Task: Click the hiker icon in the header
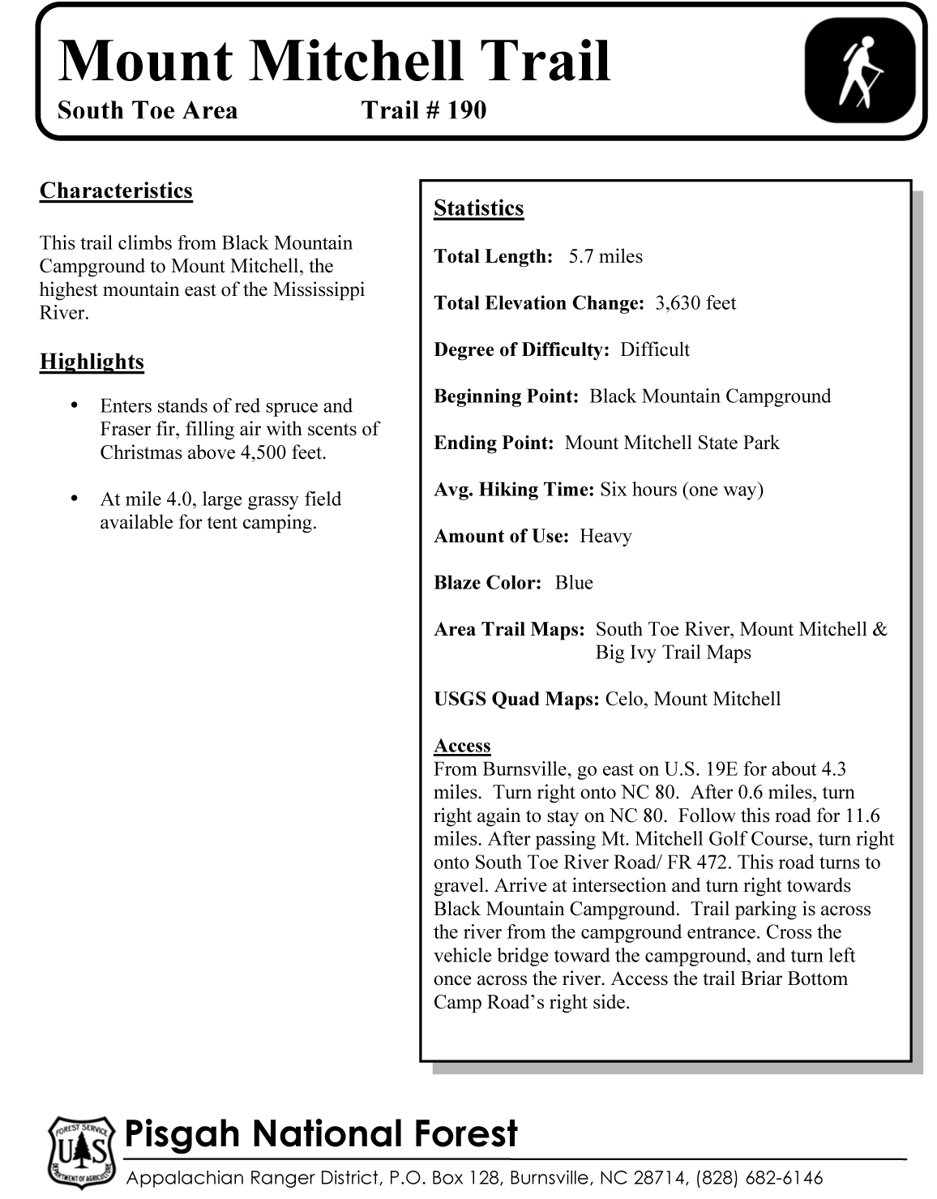point(859,71)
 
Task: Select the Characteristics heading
point(116,191)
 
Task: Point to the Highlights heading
point(92,362)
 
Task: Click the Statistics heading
point(478,208)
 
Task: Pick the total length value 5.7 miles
point(605,257)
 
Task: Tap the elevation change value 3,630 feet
point(695,303)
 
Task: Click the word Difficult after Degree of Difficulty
point(655,350)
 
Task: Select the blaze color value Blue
point(574,583)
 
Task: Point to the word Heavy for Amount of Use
point(605,537)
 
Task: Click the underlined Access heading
point(462,746)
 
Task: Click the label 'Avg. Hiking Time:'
point(514,490)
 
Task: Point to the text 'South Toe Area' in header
point(148,110)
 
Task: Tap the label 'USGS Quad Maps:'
point(516,700)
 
